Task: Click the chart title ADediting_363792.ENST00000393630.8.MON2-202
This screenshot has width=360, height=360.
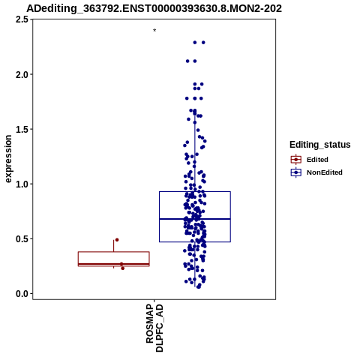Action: pyautogui.click(x=154, y=8)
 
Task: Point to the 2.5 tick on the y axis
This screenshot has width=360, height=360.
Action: pyautogui.click(x=21, y=19)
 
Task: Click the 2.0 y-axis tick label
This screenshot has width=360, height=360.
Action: pyautogui.click(x=21, y=74)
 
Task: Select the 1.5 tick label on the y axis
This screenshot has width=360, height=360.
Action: pyautogui.click(x=21, y=129)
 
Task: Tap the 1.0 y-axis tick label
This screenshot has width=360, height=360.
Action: pyautogui.click(x=21, y=184)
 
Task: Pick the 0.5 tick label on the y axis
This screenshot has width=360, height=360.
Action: pyautogui.click(x=21, y=239)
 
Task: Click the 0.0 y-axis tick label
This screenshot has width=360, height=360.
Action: pyautogui.click(x=21, y=294)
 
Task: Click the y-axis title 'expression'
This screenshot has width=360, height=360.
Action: pyautogui.click(x=8, y=159)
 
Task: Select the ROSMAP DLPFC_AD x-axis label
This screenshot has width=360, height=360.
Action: pyautogui.click(x=154, y=328)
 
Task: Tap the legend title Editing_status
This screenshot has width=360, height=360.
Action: pyautogui.click(x=320, y=145)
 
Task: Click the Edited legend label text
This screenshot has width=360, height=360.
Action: pyautogui.click(x=317, y=160)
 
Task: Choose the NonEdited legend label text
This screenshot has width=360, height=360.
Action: pyautogui.click(x=325, y=172)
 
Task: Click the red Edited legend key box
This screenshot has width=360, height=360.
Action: pyautogui.click(x=296, y=160)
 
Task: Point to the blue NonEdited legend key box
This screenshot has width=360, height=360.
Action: pyautogui.click(x=296, y=172)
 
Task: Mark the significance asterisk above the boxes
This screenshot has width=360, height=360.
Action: pyautogui.click(x=154, y=31)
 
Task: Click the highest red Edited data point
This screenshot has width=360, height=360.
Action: pyautogui.click(x=117, y=240)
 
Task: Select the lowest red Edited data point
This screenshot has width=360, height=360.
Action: pyautogui.click(x=123, y=268)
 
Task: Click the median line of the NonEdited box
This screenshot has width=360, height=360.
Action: pyautogui.click(x=195, y=219)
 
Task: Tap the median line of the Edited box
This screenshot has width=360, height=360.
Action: pyautogui.click(x=114, y=264)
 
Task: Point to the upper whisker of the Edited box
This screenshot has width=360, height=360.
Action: pyautogui.click(x=114, y=246)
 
